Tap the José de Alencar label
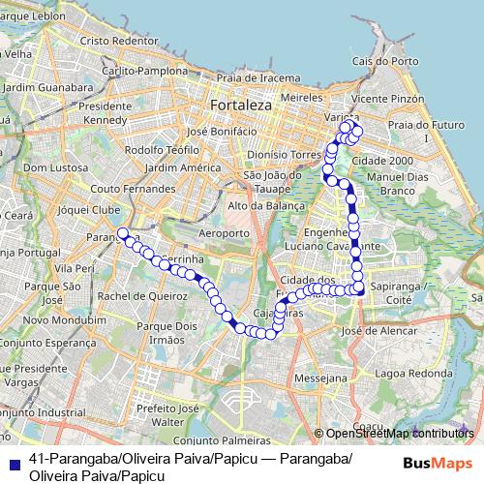tap(383, 330)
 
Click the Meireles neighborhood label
tap(299, 98)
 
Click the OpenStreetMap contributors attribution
tap(393, 433)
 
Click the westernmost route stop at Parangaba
tap(123, 232)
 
